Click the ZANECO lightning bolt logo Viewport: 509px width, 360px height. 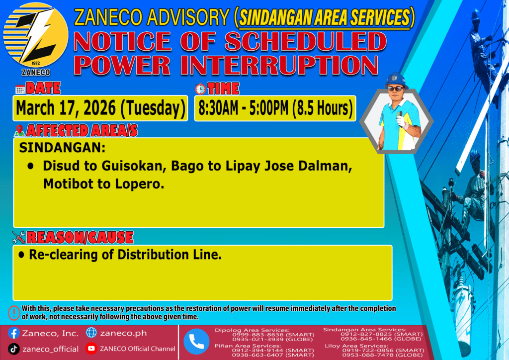(36, 36)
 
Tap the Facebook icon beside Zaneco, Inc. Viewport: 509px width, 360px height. (13, 333)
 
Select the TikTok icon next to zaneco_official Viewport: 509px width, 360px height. (13, 349)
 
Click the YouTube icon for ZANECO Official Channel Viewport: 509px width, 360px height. (91, 349)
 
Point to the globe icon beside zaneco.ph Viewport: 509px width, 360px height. (91, 333)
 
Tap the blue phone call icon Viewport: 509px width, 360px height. (196, 342)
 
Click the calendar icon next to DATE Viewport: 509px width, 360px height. (20, 90)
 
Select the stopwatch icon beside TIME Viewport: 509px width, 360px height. (200, 89)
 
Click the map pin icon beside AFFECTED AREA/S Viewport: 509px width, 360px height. (19, 130)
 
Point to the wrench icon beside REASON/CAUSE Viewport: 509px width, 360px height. (18, 237)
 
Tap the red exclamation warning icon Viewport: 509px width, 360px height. (14, 313)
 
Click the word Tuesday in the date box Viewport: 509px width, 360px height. (153, 108)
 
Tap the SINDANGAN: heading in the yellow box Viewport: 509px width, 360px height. (62, 148)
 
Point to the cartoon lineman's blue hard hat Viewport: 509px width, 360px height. (395, 80)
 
